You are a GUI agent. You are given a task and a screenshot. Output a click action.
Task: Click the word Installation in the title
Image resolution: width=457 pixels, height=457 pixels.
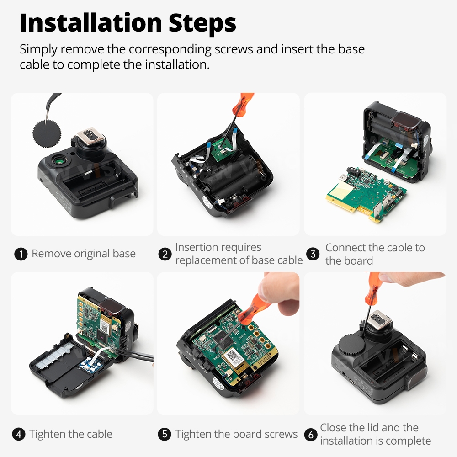tap(91, 23)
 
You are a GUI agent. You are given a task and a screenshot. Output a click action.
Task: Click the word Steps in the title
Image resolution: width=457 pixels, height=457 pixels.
tap(202, 23)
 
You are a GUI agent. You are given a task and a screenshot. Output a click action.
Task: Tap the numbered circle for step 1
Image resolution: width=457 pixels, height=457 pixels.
tap(21, 254)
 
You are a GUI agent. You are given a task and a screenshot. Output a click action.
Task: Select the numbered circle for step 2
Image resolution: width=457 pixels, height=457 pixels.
tap(165, 254)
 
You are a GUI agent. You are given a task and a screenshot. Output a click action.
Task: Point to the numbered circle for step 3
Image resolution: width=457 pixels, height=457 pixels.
tap(313, 254)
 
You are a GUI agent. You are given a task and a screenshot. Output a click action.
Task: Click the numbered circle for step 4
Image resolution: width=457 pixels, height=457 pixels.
tap(19, 434)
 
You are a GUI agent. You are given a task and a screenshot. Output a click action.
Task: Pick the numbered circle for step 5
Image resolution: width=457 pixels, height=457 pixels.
tap(165, 434)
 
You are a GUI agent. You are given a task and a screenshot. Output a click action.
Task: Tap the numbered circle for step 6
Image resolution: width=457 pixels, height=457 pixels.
tap(311, 435)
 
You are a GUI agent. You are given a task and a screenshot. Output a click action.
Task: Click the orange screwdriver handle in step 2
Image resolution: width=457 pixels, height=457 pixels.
tap(243, 104)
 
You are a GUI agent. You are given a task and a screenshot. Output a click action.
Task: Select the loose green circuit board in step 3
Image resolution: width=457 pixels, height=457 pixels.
tap(366, 193)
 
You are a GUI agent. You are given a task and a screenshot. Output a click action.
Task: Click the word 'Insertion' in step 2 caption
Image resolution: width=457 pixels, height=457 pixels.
tap(194, 247)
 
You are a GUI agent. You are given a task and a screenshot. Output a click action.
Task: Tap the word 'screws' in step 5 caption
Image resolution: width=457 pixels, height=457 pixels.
tap(281, 434)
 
